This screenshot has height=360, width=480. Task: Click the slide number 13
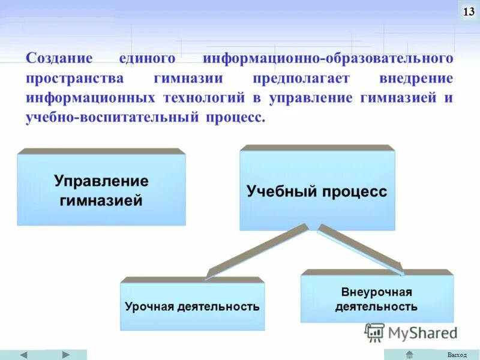click(468, 11)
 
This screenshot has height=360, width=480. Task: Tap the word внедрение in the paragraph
click(416, 79)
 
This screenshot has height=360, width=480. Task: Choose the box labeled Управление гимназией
click(101, 190)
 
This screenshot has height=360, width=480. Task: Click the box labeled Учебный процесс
click(317, 191)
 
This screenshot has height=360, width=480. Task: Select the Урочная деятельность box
click(192, 306)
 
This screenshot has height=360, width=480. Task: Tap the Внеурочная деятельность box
click(377, 299)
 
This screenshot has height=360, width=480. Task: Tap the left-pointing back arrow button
click(23, 355)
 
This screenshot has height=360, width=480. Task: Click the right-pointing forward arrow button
click(65, 355)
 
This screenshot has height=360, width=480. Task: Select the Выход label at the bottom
click(457, 355)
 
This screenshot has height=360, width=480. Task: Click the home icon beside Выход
click(409, 355)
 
